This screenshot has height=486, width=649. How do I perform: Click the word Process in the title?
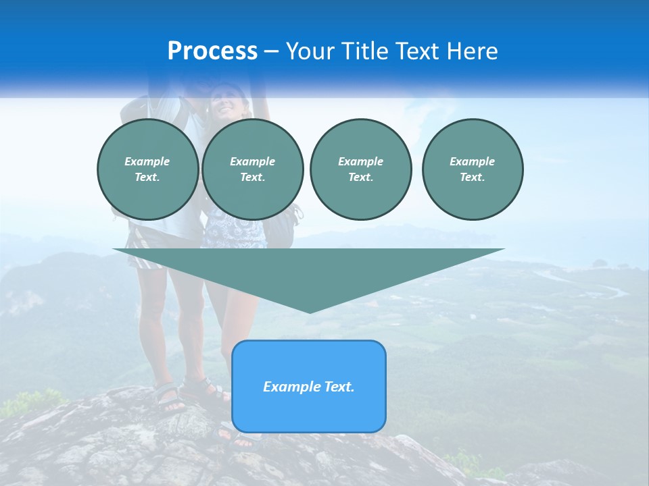pyautogui.click(x=212, y=51)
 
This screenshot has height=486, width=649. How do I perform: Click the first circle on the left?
pyautogui.click(x=147, y=169)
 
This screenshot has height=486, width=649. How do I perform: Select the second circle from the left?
pyautogui.click(x=252, y=169)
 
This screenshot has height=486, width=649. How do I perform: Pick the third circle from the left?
pyautogui.click(x=360, y=169)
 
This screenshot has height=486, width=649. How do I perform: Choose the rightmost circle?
pyautogui.click(x=473, y=169)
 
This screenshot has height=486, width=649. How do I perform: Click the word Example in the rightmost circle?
pyautogui.click(x=472, y=161)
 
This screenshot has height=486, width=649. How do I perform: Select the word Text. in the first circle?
pyautogui.click(x=147, y=178)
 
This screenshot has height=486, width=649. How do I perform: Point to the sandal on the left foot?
pyautogui.click(x=169, y=397)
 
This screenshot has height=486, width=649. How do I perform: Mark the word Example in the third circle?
pyautogui.click(x=360, y=161)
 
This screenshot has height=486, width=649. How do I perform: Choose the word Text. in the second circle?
pyautogui.click(x=252, y=178)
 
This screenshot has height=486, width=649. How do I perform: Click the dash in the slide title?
pyautogui.click(x=271, y=51)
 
